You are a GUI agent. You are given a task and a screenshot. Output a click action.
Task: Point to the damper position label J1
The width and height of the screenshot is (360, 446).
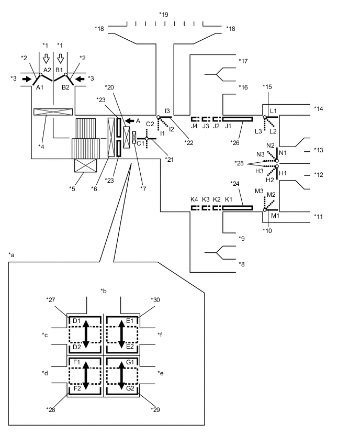tap(228, 126)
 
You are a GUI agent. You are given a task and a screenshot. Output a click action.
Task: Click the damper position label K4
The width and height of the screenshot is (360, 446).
tap(194, 199)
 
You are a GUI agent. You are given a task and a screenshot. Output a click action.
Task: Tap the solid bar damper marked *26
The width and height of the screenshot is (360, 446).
tap(238, 119)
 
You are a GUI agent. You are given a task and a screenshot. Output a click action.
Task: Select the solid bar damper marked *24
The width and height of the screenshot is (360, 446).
tap(238, 208)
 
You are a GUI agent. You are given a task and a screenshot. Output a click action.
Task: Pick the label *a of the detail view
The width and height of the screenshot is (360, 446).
tap(12, 254)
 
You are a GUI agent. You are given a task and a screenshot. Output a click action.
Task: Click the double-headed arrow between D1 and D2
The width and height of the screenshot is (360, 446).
tap(86, 333)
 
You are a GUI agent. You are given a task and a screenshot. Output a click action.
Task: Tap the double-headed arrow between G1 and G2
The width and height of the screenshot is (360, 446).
tap(121, 375)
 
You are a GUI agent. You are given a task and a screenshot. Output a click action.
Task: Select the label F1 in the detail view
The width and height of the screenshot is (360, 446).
tap(76, 362)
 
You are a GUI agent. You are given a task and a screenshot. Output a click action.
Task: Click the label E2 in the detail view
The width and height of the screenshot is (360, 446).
tap(131, 347)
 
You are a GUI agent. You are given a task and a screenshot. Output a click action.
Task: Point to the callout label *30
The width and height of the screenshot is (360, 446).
tap(155, 300)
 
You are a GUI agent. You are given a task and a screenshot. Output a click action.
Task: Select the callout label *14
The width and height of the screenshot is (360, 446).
tap(319, 108)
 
